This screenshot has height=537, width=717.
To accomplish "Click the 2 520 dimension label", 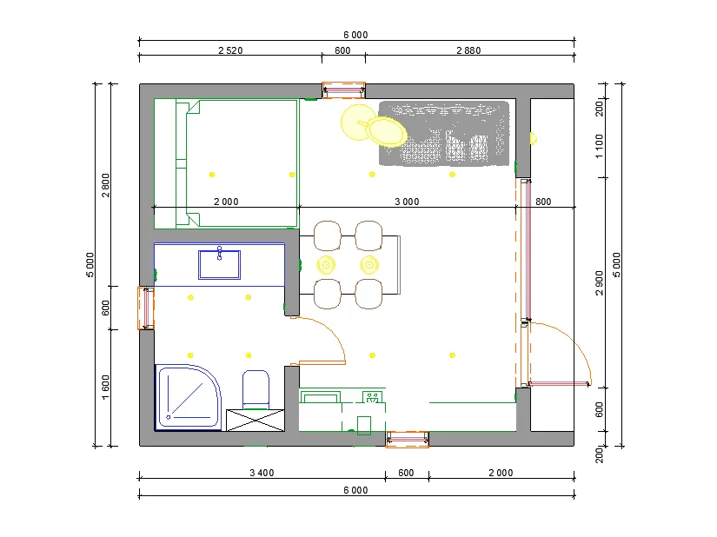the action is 230,50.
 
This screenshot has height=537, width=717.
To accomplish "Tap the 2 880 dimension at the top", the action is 468,50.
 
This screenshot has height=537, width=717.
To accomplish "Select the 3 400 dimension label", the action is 262,473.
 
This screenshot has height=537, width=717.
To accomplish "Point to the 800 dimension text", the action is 543,202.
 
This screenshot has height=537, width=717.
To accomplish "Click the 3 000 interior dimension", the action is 407,202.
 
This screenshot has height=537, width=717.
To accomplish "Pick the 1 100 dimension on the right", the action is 599,146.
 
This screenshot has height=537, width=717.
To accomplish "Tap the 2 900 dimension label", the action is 599,283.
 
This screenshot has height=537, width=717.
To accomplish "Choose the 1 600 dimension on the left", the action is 106,387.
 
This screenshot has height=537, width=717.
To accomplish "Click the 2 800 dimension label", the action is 106,185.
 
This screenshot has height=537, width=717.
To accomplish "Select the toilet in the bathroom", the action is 256,389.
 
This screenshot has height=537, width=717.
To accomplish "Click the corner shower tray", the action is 188,397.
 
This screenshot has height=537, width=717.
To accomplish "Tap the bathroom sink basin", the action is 220,264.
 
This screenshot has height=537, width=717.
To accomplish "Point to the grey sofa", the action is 444,133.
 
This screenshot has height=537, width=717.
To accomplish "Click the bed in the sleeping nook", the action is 226,163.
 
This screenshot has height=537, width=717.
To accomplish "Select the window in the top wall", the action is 344,90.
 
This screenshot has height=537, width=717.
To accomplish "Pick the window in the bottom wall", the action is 408,439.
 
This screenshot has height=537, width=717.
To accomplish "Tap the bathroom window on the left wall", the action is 146,308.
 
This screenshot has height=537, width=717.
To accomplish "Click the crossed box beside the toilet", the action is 256,421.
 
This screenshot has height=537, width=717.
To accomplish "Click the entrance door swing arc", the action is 577,341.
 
